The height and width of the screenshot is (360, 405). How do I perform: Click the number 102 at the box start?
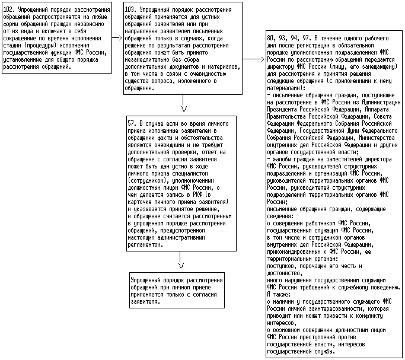9,11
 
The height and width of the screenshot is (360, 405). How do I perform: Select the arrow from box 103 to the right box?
255,59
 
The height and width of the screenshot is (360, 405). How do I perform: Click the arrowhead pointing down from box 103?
184,109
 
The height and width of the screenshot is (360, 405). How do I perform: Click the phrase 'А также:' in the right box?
279,294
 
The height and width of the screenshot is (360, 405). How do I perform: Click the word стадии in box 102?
13,46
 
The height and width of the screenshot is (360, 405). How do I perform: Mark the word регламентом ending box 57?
145,244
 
